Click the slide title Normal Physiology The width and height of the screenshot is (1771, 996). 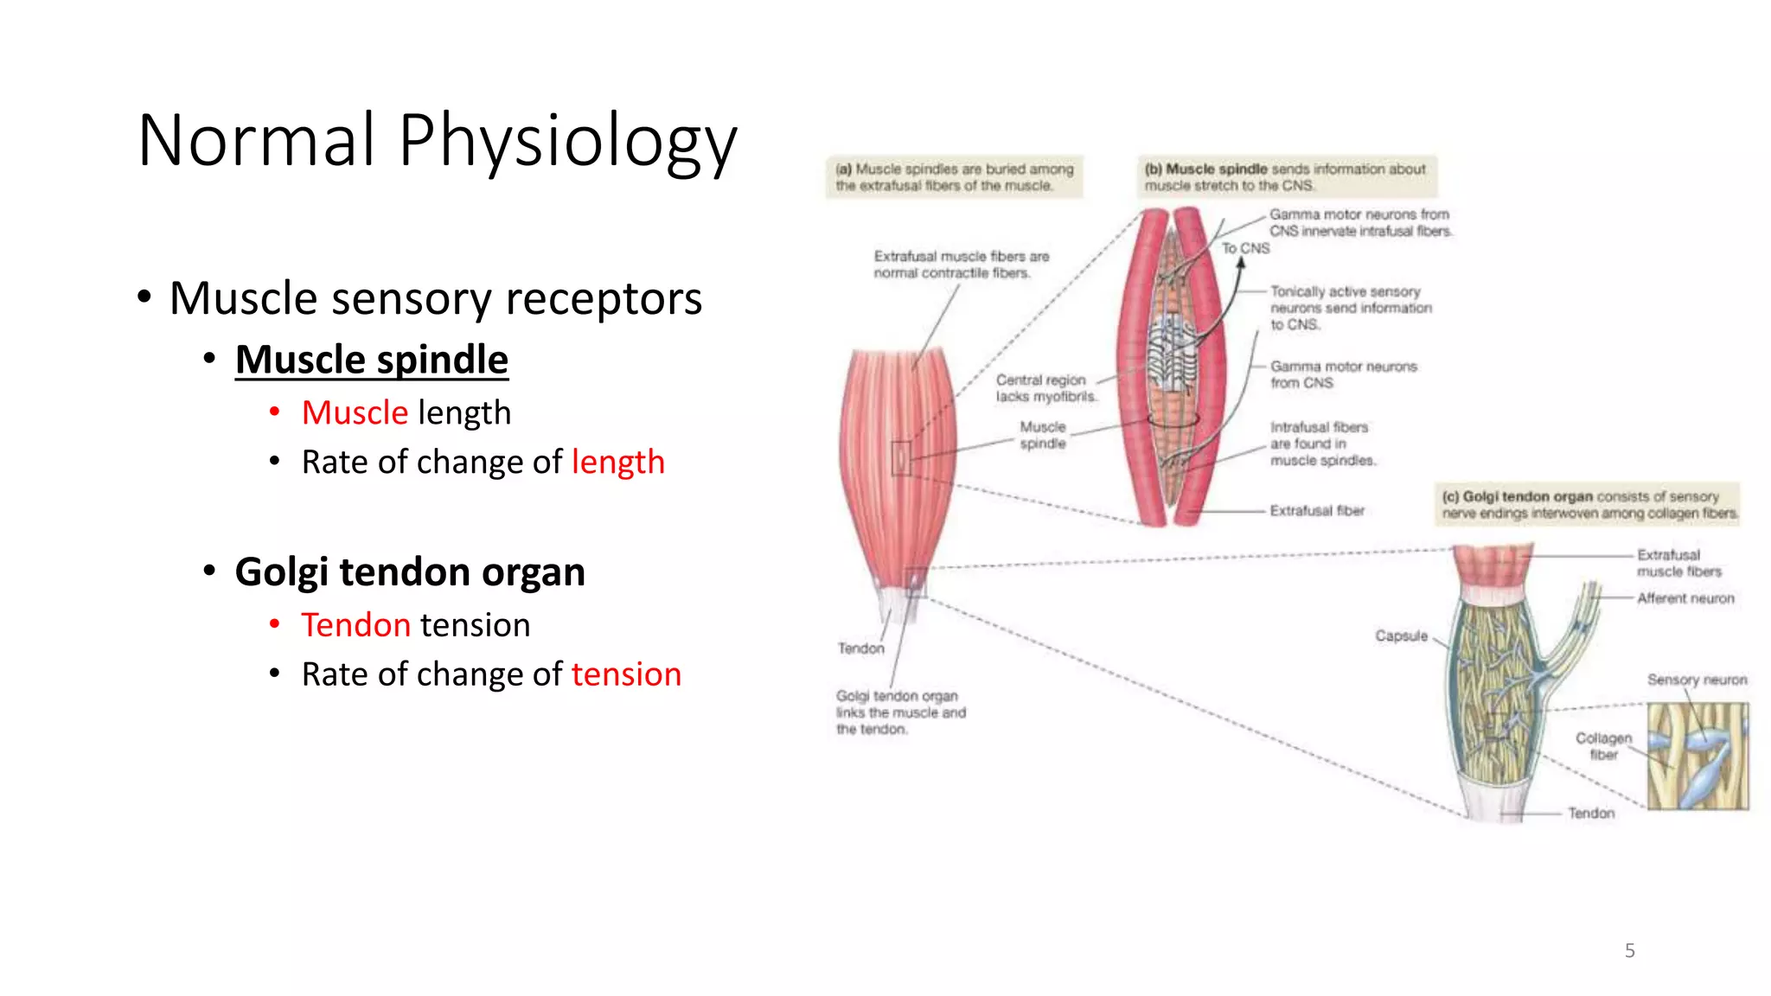[x=437, y=140]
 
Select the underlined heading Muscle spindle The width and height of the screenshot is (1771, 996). [x=371, y=360]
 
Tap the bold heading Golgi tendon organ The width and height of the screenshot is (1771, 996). [x=410, y=571]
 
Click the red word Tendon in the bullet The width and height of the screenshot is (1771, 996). [x=355, y=624]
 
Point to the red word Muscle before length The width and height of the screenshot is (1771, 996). [x=355, y=412]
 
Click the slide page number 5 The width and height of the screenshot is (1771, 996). [x=1629, y=950]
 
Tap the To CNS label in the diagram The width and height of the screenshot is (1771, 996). [x=1245, y=248]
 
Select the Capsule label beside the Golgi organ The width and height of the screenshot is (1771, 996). [x=1401, y=635]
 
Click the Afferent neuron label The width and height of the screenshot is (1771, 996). [x=1685, y=598]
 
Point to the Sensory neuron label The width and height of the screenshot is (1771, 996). [x=1696, y=680]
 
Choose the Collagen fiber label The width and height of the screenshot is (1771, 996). [x=1603, y=746]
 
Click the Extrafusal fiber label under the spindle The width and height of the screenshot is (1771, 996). [x=1316, y=511]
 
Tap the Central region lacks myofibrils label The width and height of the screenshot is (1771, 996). [x=1045, y=388]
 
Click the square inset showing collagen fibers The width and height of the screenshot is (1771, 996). [x=1697, y=756]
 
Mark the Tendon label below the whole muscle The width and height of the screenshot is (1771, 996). [x=860, y=648]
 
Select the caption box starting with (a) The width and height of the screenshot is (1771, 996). [x=954, y=177]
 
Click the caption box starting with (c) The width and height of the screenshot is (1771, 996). [x=1588, y=505]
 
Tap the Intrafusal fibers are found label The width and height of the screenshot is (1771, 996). [x=1321, y=444]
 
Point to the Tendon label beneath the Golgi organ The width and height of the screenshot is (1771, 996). [x=1590, y=813]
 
